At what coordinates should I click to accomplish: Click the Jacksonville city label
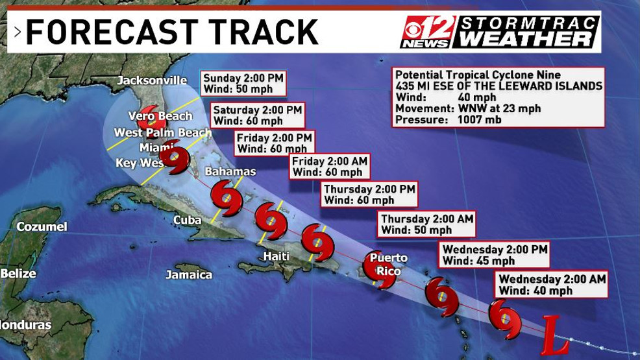click(152, 80)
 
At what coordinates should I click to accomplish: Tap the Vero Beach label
click(160, 116)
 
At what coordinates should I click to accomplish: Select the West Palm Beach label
click(162, 133)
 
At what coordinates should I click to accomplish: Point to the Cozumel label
click(42, 226)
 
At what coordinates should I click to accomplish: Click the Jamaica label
click(189, 274)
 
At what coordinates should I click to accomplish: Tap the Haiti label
click(276, 256)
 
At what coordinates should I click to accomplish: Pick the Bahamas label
click(230, 172)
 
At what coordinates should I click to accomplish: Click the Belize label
click(18, 273)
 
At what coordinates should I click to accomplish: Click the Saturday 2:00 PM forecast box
click(257, 115)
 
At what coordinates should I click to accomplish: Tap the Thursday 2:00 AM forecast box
click(426, 224)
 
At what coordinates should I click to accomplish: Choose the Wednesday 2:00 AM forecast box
click(552, 284)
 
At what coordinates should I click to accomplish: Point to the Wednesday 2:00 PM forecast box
click(495, 255)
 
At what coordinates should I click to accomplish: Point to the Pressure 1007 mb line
click(448, 120)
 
